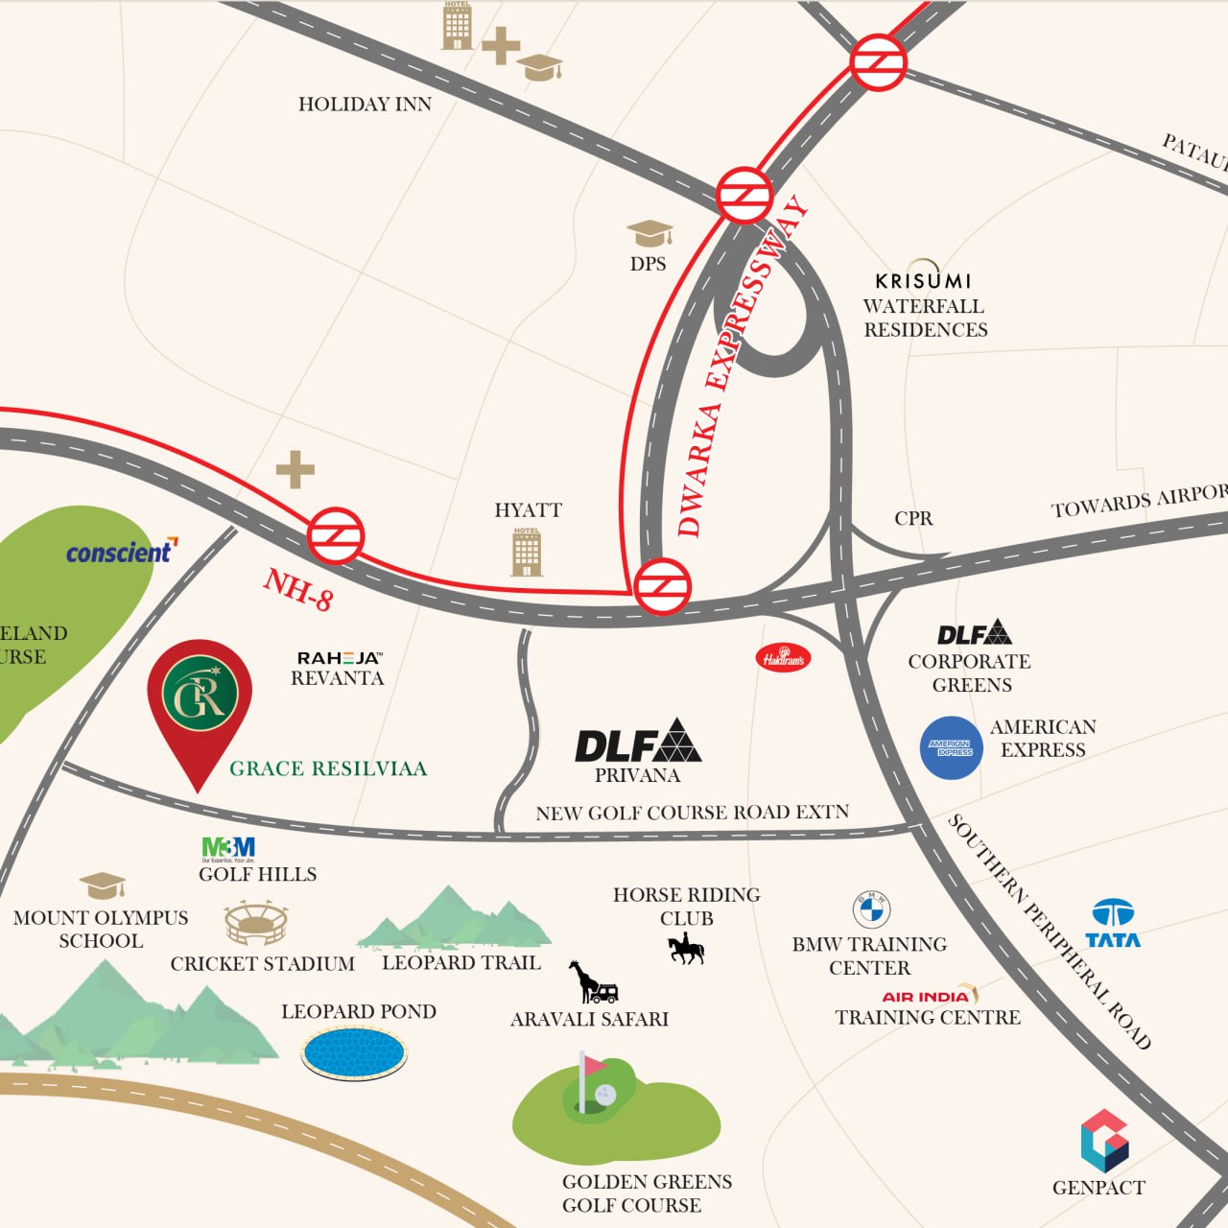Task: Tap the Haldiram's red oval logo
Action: click(x=783, y=658)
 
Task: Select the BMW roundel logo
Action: click(x=871, y=909)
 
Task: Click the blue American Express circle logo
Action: click(x=951, y=747)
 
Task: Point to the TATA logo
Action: click(x=1113, y=924)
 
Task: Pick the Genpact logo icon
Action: click(x=1104, y=1141)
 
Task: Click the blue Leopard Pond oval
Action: click(x=354, y=1052)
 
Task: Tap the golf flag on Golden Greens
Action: click(x=593, y=1065)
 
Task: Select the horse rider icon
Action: click(x=686, y=950)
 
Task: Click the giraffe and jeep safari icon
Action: click(x=593, y=982)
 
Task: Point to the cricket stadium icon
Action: click(x=255, y=924)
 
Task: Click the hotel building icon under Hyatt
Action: click(x=527, y=552)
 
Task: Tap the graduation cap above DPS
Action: click(x=649, y=233)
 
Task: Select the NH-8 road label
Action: click(x=298, y=589)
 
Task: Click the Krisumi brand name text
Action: click(x=923, y=281)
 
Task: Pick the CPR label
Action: click(x=913, y=518)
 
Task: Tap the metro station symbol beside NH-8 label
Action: click(x=336, y=535)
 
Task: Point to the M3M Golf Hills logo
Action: click(x=228, y=848)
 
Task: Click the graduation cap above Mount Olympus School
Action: click(x=102, y=885)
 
